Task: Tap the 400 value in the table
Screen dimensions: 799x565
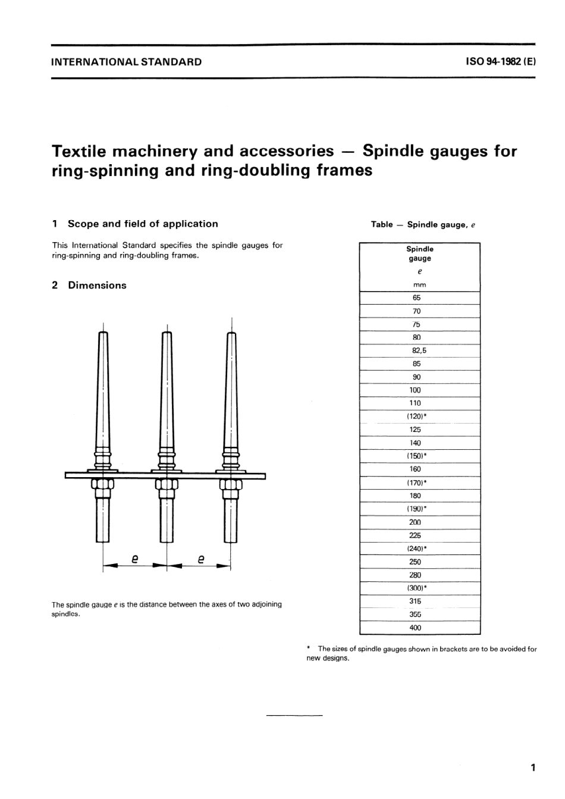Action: click(415, 628)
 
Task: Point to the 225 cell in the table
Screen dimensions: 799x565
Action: click(415, 535)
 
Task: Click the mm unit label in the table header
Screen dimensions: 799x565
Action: click(419, 284)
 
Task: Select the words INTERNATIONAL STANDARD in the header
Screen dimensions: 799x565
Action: click(127, 61)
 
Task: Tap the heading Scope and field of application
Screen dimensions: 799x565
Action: click(143, 224)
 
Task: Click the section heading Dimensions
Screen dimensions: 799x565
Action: click(97, 285)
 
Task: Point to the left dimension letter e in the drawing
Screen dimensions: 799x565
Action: click(135, 559)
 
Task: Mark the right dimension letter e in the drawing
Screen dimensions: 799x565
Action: click(201, 559)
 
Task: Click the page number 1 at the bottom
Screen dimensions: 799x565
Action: click(533, 767)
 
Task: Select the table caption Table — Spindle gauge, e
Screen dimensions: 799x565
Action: click(423, 224)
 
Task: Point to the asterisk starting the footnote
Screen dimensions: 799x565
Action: click(309, 648)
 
